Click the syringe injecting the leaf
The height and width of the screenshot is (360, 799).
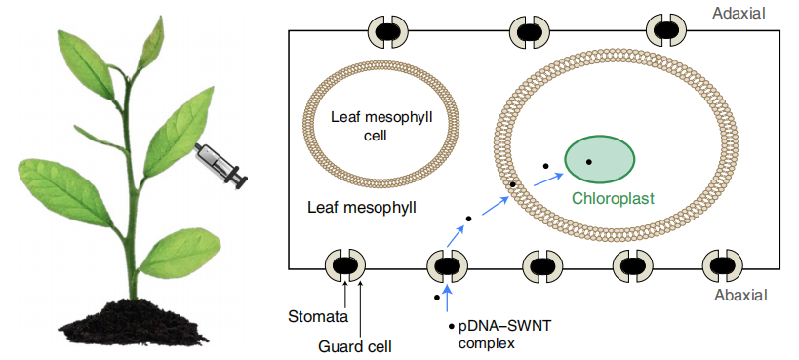tap(220, 165)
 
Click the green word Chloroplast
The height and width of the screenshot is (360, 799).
tap(613, 198)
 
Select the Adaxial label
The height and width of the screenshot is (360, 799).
tap(739, 14)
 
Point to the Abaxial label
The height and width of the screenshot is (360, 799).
tap(739, 296)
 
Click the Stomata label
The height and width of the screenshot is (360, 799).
tap(318, 316)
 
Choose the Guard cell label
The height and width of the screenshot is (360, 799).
tap(355, 347)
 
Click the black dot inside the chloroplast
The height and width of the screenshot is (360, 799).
tap(588, 162)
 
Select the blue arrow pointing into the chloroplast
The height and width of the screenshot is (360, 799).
tap(548, 180)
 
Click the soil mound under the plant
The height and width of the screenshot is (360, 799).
tap(134, 323)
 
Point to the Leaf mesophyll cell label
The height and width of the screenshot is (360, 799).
tap(381, 127)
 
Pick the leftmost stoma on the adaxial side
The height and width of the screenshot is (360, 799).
tap(388, 31)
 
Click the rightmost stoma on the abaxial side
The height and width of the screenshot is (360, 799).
tap(723, 265)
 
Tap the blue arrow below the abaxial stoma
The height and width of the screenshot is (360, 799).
tap(447, 299)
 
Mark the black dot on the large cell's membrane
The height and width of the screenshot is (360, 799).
tap(513, 184)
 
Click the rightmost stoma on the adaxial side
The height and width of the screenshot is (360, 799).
tap(666, 30)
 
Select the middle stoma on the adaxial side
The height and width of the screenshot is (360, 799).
tap(530, 31)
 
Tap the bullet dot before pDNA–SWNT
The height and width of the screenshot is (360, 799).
tap(451, 327)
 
